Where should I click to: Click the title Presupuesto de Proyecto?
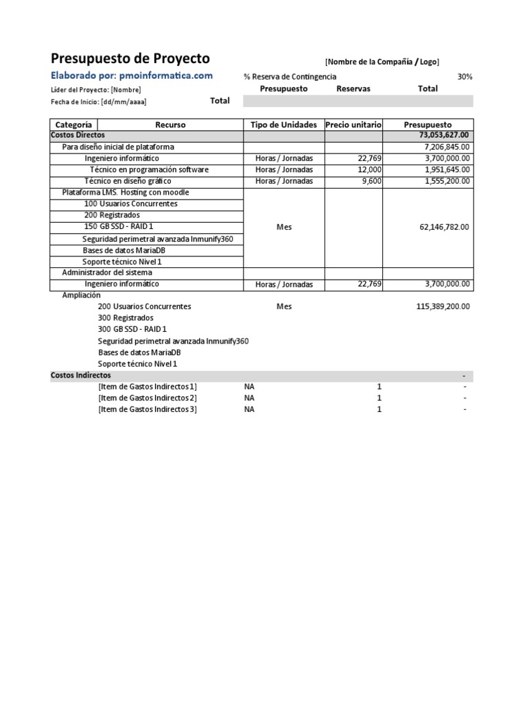pyautogui.click(x=130, y=59)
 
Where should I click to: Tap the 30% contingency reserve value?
pyautogui.click(x=465, y=77)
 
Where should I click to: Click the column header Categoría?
pyautogui.click(x=73, y=125)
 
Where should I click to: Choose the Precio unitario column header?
pyautogui.click(x=353, y=125)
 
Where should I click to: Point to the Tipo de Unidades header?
pyautogui.click(x=284, y=125)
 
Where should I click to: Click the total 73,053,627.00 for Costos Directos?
pyautogui.click(x=438, y=136)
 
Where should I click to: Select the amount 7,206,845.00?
pyautogui.click(x=443, y=147)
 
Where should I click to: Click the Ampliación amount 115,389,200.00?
pyautogui.click(x=443, y=306)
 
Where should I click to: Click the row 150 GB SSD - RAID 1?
pyautogui.click(x=119, y=227)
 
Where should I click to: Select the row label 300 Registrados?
pyautogui.click(x=126, y=318)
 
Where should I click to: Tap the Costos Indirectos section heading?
pyautogui.click(x=81, y=376)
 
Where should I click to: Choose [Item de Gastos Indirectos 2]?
pyautogui.click(x=148, y=398)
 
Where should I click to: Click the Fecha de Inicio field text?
pyautogui.click(x=98, y=101)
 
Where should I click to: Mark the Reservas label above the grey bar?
pyautogui.click(x=353, y=89)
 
